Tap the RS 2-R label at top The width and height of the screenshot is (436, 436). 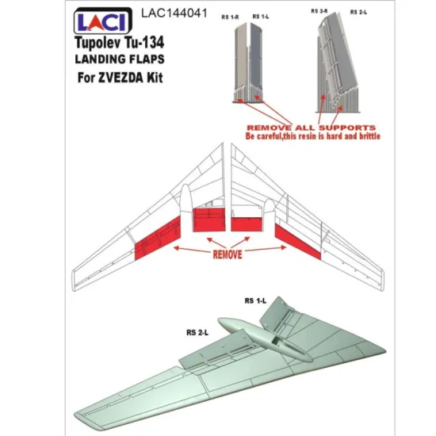[x=320, y=13]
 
